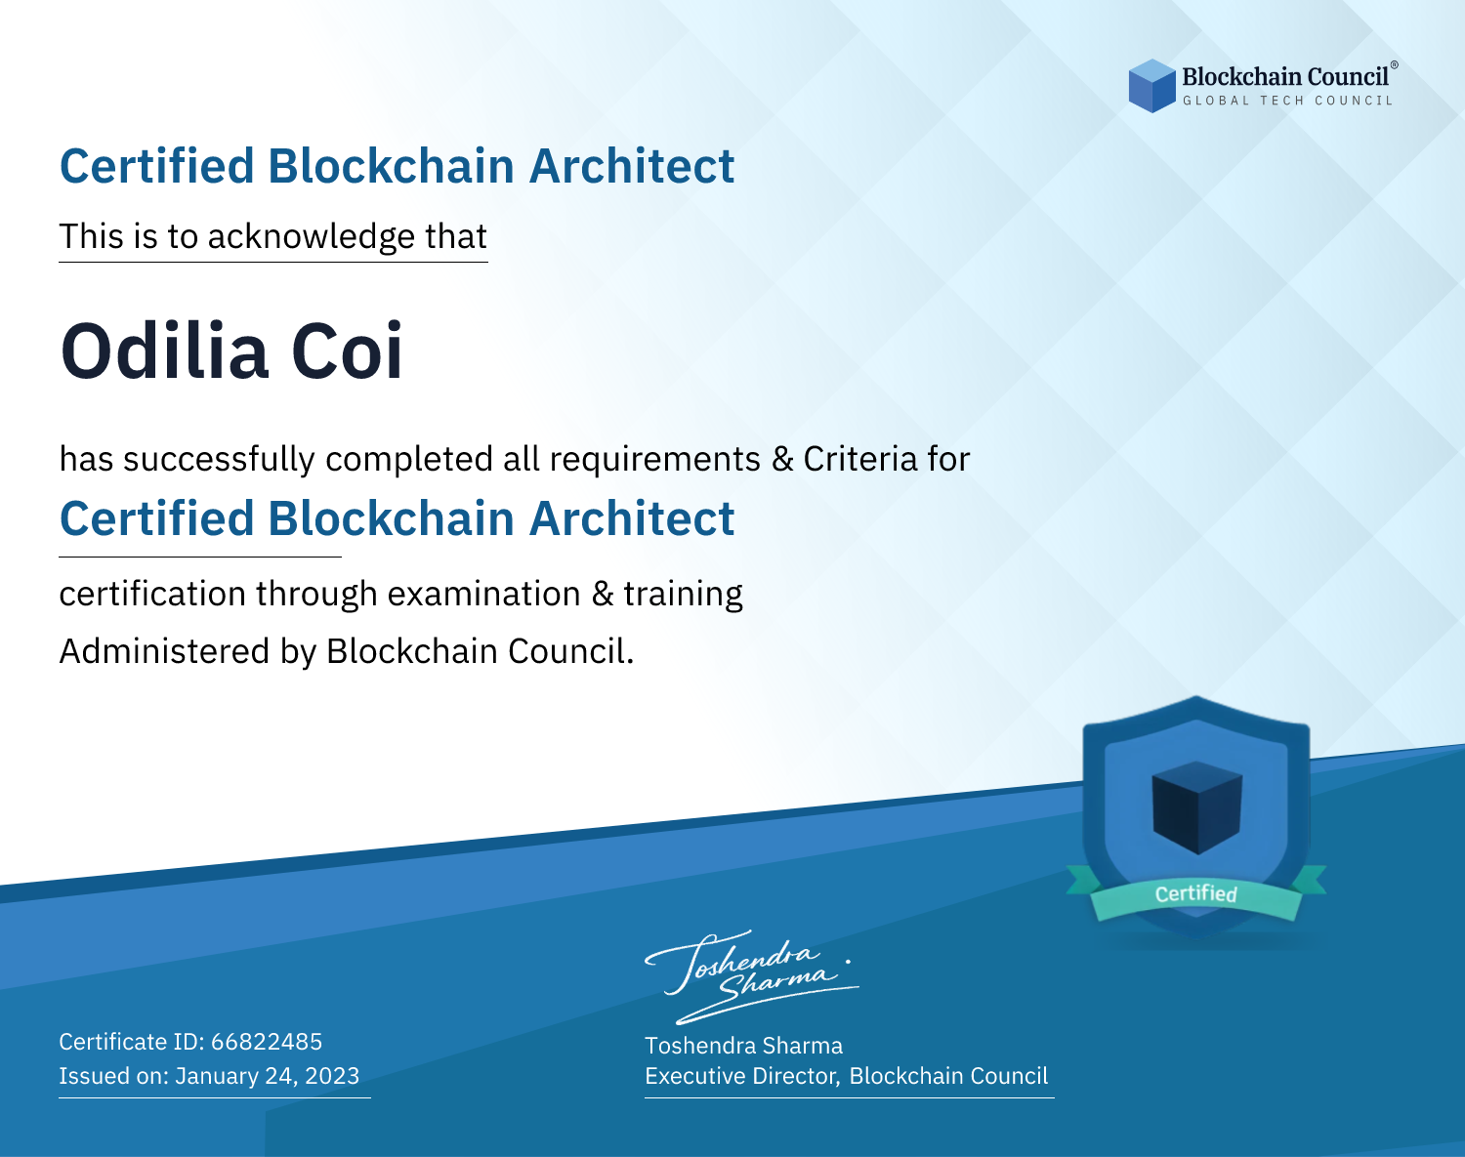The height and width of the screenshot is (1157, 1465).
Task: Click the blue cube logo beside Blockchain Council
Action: pos(1151,86)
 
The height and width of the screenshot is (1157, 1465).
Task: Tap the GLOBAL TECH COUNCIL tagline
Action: pos(1287,101)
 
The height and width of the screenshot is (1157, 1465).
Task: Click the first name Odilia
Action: pos(164,351)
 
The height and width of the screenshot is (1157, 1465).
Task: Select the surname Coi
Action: pos(347,351)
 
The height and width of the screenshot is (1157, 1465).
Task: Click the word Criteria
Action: pos(859,459)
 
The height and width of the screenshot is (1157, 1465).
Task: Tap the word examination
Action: pos(484,594)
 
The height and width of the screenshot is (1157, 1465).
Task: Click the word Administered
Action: pos(164,651)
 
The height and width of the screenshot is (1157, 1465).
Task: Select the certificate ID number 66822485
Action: pos(267,1041)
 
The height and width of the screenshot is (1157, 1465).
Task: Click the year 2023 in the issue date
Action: pos(331,1076)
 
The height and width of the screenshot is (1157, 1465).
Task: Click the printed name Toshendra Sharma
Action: pos(743,1046)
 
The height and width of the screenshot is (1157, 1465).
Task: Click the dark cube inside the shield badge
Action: pos(1196,807)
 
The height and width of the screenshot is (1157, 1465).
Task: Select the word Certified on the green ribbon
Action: pos(1196,893)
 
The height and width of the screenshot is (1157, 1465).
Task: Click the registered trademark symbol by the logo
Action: pos(1394,64)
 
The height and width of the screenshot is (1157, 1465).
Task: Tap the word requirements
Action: pos(655,460)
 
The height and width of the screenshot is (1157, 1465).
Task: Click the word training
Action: pos(683,595)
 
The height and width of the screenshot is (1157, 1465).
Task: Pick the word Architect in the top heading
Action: pos(632,166)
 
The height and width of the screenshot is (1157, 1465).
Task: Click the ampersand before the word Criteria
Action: pos(782,459)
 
